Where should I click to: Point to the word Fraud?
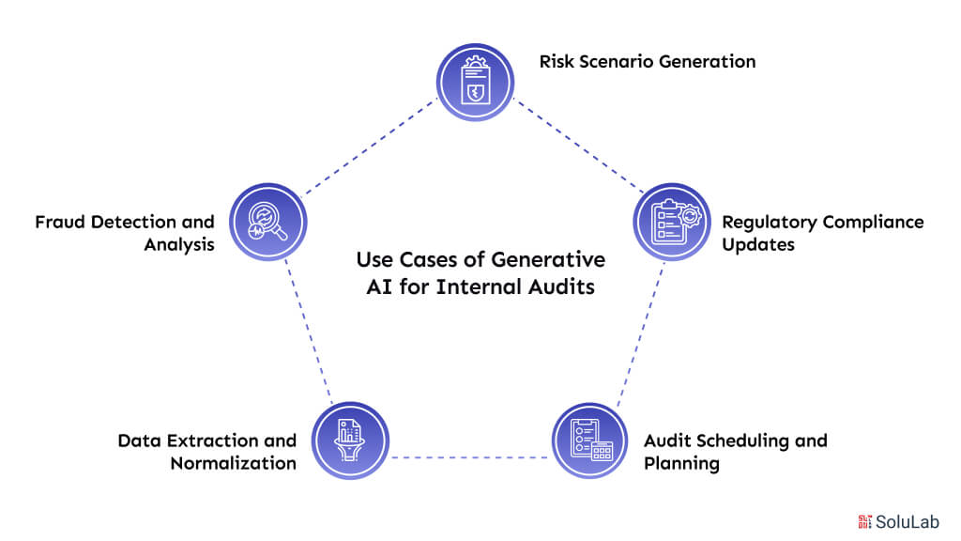coord(64,223)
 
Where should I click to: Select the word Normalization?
coord(234,463)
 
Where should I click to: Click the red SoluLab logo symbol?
coord(864,521)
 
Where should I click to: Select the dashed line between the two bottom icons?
coord(469,458)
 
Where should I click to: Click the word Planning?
coord(680,463)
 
